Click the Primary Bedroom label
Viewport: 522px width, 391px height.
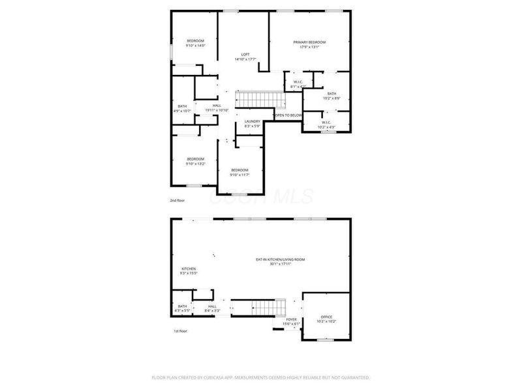pos(309,44)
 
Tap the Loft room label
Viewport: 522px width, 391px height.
pos(245,57)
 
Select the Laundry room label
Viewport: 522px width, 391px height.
pos(253,123)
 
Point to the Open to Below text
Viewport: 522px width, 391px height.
pos(288,115)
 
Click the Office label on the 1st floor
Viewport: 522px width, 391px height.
pos(326,319)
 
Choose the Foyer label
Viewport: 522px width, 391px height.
pos(291,321)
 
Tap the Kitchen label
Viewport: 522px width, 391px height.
pos(189,270)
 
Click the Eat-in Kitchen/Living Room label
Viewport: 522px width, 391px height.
pos(281,261)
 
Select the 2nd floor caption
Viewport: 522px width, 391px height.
pos(177,200)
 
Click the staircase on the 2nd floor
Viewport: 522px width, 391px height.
pos(260,100)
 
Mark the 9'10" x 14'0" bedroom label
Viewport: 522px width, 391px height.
pos(196,43)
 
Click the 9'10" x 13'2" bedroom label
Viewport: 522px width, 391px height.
pos(196,161)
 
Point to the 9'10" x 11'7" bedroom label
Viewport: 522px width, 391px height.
pos(239,172)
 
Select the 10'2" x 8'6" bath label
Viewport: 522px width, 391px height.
pos(332,96)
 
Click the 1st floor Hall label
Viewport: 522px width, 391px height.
pos(212,308)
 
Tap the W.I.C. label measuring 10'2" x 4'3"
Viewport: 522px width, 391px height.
pos(326,123)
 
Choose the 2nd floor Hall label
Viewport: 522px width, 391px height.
pos(217,108)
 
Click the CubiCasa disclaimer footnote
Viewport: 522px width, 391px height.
pos(261,377)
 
